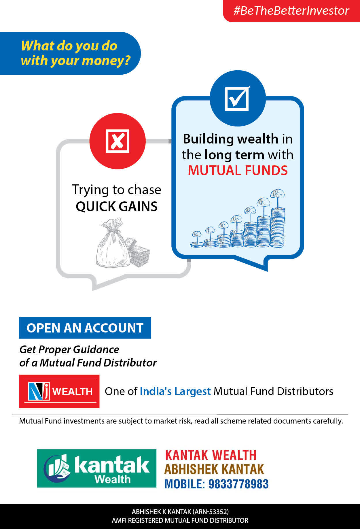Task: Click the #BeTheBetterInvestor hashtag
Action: [x=291, y=11]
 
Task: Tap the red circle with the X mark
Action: [x=118, y=141]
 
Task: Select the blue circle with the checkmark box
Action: [x=238, y=98]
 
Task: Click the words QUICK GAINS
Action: [x=117, y=207]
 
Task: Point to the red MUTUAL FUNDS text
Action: [x=238, y=171]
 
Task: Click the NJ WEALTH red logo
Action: [x=59, y=391]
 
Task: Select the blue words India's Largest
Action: [x=175, y=391]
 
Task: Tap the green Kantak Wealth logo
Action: [x=96, y=468]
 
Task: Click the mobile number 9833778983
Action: [x=238, y=484]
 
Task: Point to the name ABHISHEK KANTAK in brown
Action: [x=214, y=469]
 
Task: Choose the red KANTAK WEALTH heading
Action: [x=211, y=455]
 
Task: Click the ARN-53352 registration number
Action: [x=211, y=512]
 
